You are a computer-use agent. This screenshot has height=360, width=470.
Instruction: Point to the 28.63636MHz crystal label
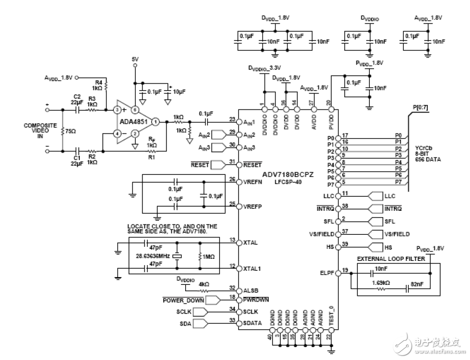tap(151, 256)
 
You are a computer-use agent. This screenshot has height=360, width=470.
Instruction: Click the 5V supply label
tap(136, 60)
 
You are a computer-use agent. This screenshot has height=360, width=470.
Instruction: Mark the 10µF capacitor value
tap(179, 91)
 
